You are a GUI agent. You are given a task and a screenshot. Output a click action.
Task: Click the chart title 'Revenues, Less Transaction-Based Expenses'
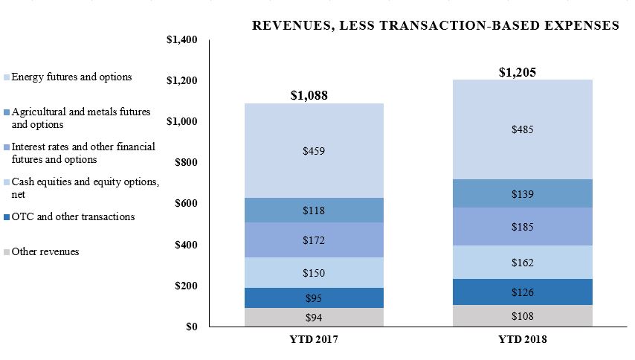pos(436,25)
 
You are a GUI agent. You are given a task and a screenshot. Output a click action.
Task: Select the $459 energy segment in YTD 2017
pos(313,151)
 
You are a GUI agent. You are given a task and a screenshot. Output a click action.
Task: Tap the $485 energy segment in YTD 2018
pos(523,129)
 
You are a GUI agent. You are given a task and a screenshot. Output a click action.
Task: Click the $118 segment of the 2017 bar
pos(313,210)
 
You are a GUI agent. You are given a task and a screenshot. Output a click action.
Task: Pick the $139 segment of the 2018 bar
pos(523,194)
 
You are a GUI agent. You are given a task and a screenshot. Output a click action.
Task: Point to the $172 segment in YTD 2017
pos(313,240)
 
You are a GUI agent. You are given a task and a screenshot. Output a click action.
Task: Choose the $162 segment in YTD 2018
pos(523,263)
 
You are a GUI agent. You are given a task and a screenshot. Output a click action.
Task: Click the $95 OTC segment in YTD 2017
pos(313,298)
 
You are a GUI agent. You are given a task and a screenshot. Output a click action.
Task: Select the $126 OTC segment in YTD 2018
pos(523,292)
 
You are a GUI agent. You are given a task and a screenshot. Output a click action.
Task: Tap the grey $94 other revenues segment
pos(313,318)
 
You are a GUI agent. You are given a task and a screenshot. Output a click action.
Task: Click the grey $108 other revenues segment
pos(523,316)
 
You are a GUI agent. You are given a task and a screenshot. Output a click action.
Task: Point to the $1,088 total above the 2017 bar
pos(309,95)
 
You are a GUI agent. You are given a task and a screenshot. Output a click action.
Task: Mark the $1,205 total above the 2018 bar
pos(518,72)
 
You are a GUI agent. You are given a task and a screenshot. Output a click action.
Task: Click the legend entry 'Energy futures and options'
pos(71,77)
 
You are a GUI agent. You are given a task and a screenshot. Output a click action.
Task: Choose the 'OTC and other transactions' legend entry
pos(73,217)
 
